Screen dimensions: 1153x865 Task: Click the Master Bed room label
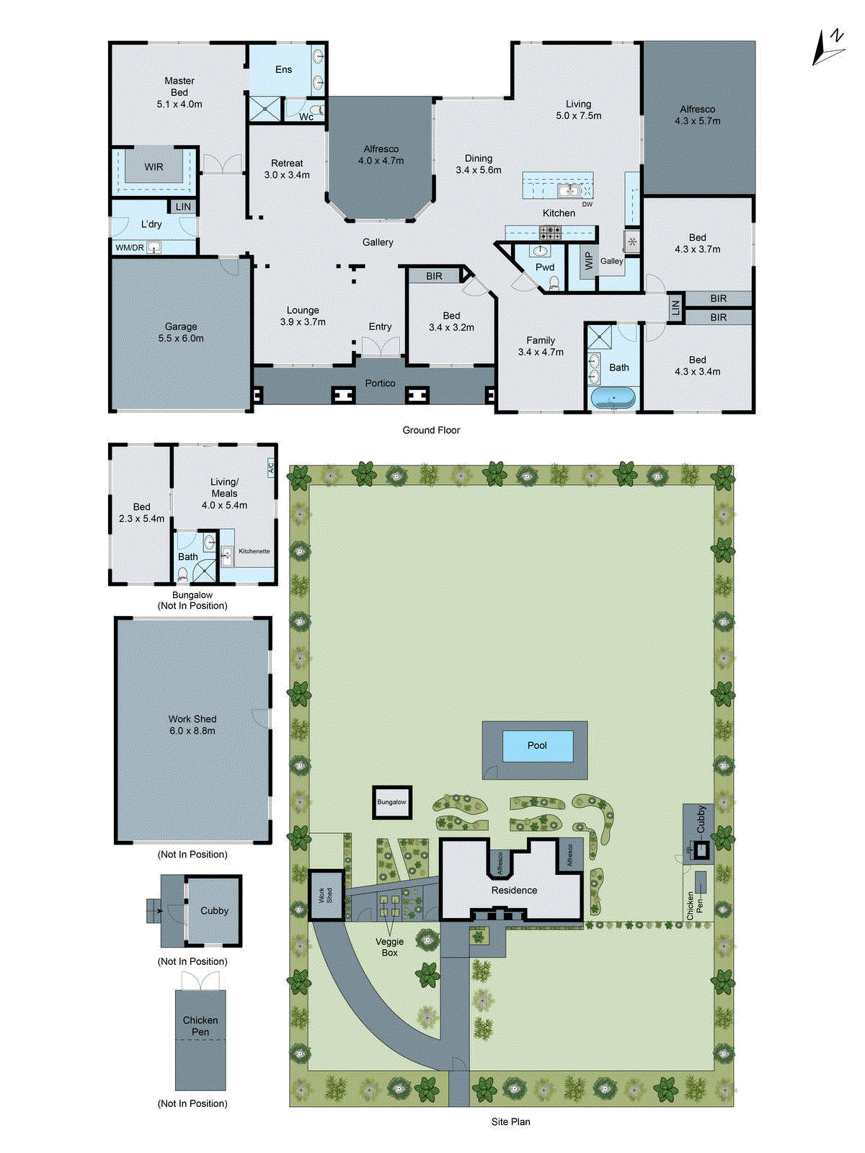[179, 92]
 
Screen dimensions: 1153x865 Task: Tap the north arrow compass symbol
[829, 48]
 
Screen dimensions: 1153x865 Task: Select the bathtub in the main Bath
[613, 397]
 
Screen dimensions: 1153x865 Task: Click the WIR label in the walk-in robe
[154, 167]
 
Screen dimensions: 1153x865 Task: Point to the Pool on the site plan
[537, 746]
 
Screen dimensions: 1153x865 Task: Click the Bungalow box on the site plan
[391, 802]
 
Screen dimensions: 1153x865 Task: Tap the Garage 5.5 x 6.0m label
[181, 332]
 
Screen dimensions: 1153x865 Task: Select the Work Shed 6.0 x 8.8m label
[192, 725]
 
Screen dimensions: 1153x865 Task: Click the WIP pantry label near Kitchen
[588, 261]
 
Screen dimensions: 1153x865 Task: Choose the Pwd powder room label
[545, 267]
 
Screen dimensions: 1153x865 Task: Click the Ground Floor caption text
[431, 430]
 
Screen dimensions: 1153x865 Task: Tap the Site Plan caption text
[510, 1122]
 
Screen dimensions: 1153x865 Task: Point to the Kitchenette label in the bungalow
[254, 551]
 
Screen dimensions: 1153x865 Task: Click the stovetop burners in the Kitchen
[551, 233]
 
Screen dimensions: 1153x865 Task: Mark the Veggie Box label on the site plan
[390, 947]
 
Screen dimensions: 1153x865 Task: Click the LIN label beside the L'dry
[183, 207]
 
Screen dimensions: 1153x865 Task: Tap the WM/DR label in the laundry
[130, 248]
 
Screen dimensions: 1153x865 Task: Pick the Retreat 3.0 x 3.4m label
[287, 169]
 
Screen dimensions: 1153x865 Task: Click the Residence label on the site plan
[514, 891]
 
